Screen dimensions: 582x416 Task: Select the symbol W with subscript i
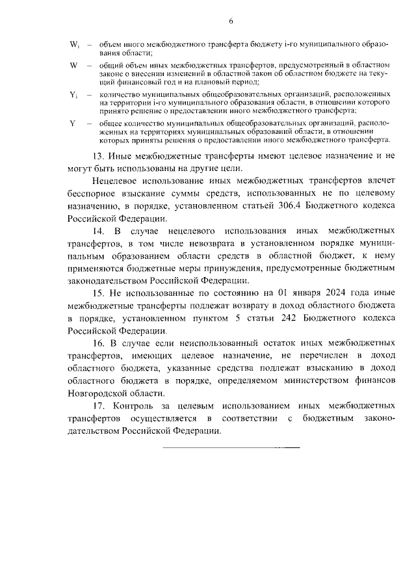click(x=73, y=45)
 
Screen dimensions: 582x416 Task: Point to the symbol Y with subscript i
click(x=73, y=95)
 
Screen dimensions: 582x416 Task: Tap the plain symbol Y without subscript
click(x=72, y=124)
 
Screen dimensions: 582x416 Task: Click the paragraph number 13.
click(x=98, y=156)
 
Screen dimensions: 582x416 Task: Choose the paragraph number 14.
click(x=98, y=231)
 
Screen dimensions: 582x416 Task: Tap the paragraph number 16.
click(x=98, y=343)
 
